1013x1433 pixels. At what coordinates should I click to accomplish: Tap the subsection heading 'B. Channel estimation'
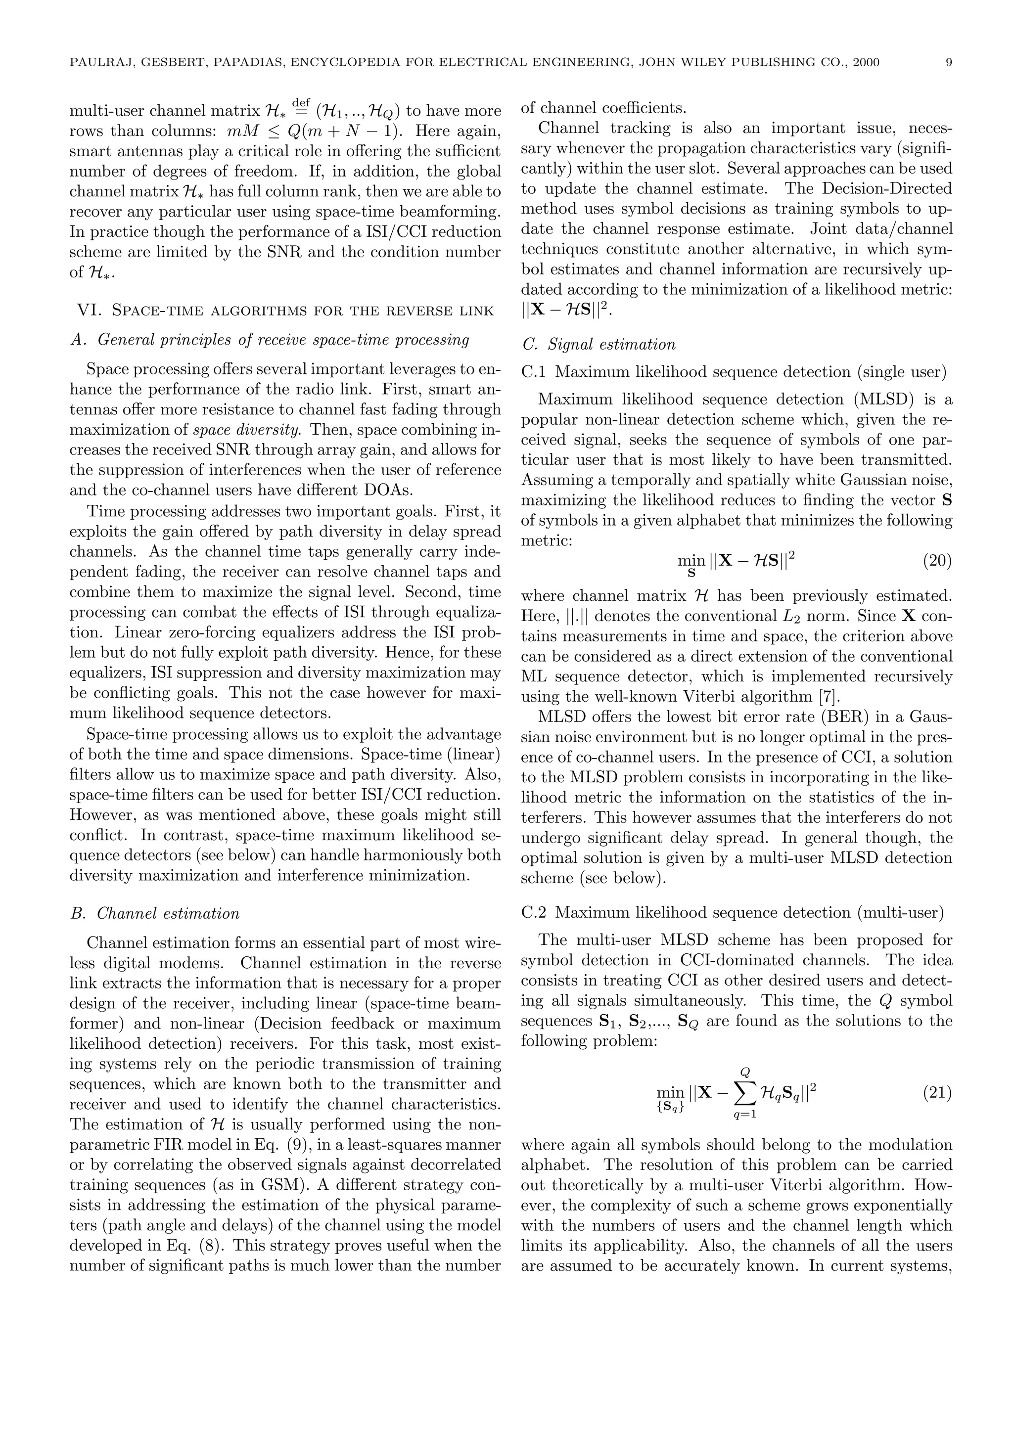click(x=155, y=913)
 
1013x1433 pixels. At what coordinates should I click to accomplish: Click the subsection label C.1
click(x=534, y=372)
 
